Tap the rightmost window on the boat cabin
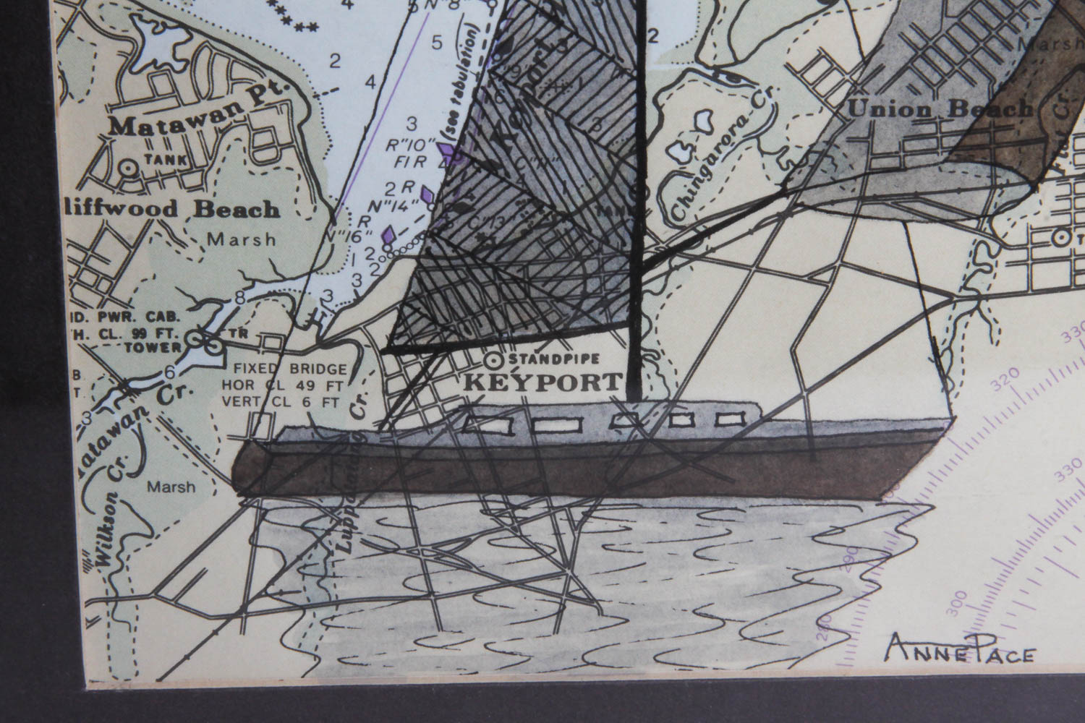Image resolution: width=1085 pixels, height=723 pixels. (x=728, y=418)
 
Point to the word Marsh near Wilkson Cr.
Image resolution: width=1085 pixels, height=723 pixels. (x=171, y=487)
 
